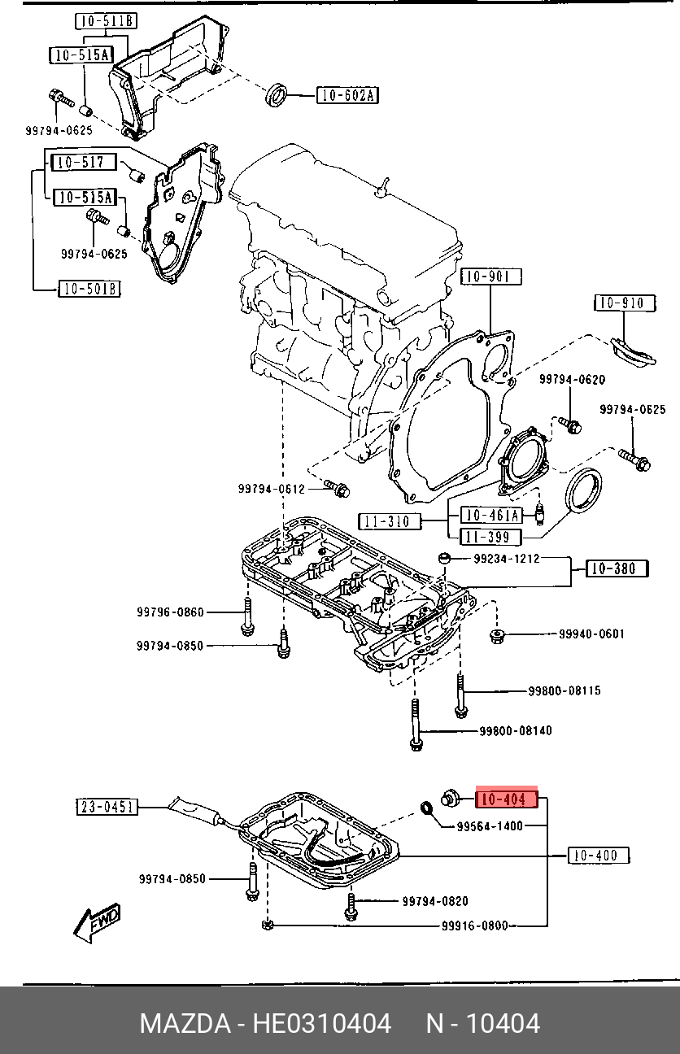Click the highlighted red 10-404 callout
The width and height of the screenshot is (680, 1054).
(x=507, y=799)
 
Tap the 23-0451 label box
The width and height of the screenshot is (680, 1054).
(x=107, y=807)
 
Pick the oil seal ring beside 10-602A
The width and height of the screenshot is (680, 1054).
(x=278, y=94)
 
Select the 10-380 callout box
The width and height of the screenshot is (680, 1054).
(x=616, y=569)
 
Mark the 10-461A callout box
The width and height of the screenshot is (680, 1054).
(x=490, y=515)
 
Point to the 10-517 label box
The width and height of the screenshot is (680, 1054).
(x=84, y=162)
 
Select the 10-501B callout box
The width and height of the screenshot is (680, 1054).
(x=89, y=288)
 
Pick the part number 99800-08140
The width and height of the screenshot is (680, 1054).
(x=515, y=730)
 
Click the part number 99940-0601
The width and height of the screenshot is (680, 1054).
(x=591, y=634)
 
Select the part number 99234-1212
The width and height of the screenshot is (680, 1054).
(x=507, y=559)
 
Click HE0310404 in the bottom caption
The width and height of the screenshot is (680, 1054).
(x=322, y=1023)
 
